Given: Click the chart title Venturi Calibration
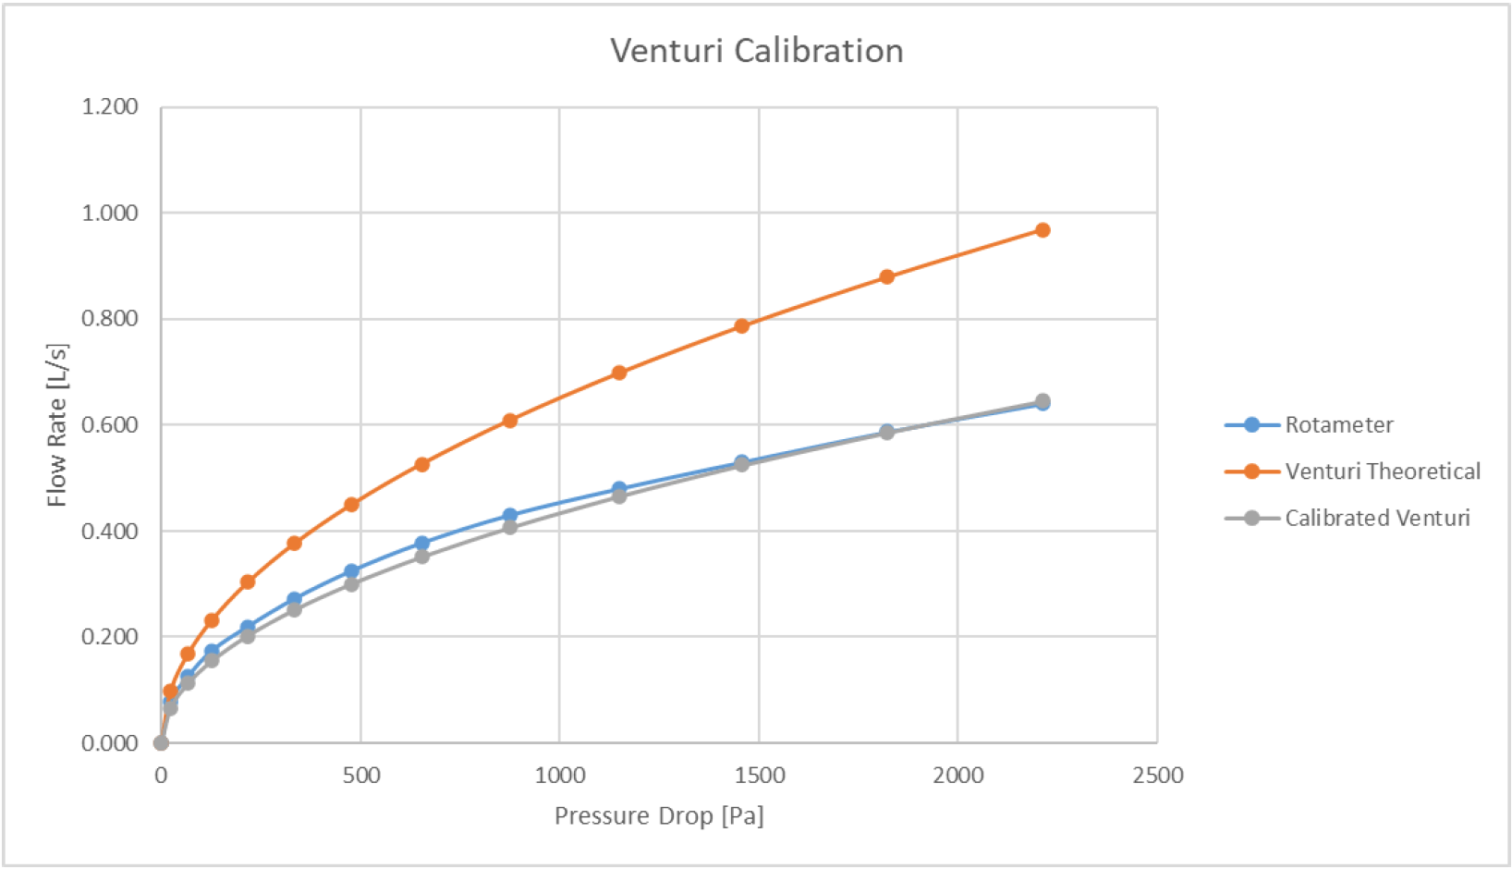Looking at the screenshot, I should click(x=756, y=51).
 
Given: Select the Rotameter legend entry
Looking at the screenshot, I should click(x=1337, y=425).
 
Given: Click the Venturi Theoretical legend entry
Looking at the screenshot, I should click(x=1382, y=471).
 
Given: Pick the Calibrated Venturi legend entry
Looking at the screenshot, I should click(x=1376, y=518).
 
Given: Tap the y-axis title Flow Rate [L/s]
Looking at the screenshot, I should click(x=57, y=425).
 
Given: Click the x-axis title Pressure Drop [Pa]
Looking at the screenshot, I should click(x=659, y=816).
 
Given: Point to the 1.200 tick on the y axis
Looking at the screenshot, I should click(x=109, y=107).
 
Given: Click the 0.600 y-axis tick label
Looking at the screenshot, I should click(x=109, y=425).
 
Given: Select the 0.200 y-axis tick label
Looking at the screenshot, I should click(x=109, y=637).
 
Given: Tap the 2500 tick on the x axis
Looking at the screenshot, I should click(x=1157, y=776).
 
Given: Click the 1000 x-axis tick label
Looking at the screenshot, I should click(x=559, y=776).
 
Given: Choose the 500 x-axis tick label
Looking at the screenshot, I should click(x=360, y=776).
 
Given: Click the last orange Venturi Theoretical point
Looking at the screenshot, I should click(x=1043, y=230).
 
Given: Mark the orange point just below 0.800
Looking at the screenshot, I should click(x=741, y=325).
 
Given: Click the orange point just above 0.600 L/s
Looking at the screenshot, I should click(x=509, y=421).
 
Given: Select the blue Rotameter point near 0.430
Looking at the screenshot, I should click(x=509, y=515).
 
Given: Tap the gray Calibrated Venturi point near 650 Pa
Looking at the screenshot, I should click(x=421, y=557).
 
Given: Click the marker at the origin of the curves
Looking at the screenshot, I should click(x=161, y=742).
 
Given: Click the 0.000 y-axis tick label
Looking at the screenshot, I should click(x=109, y=743).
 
